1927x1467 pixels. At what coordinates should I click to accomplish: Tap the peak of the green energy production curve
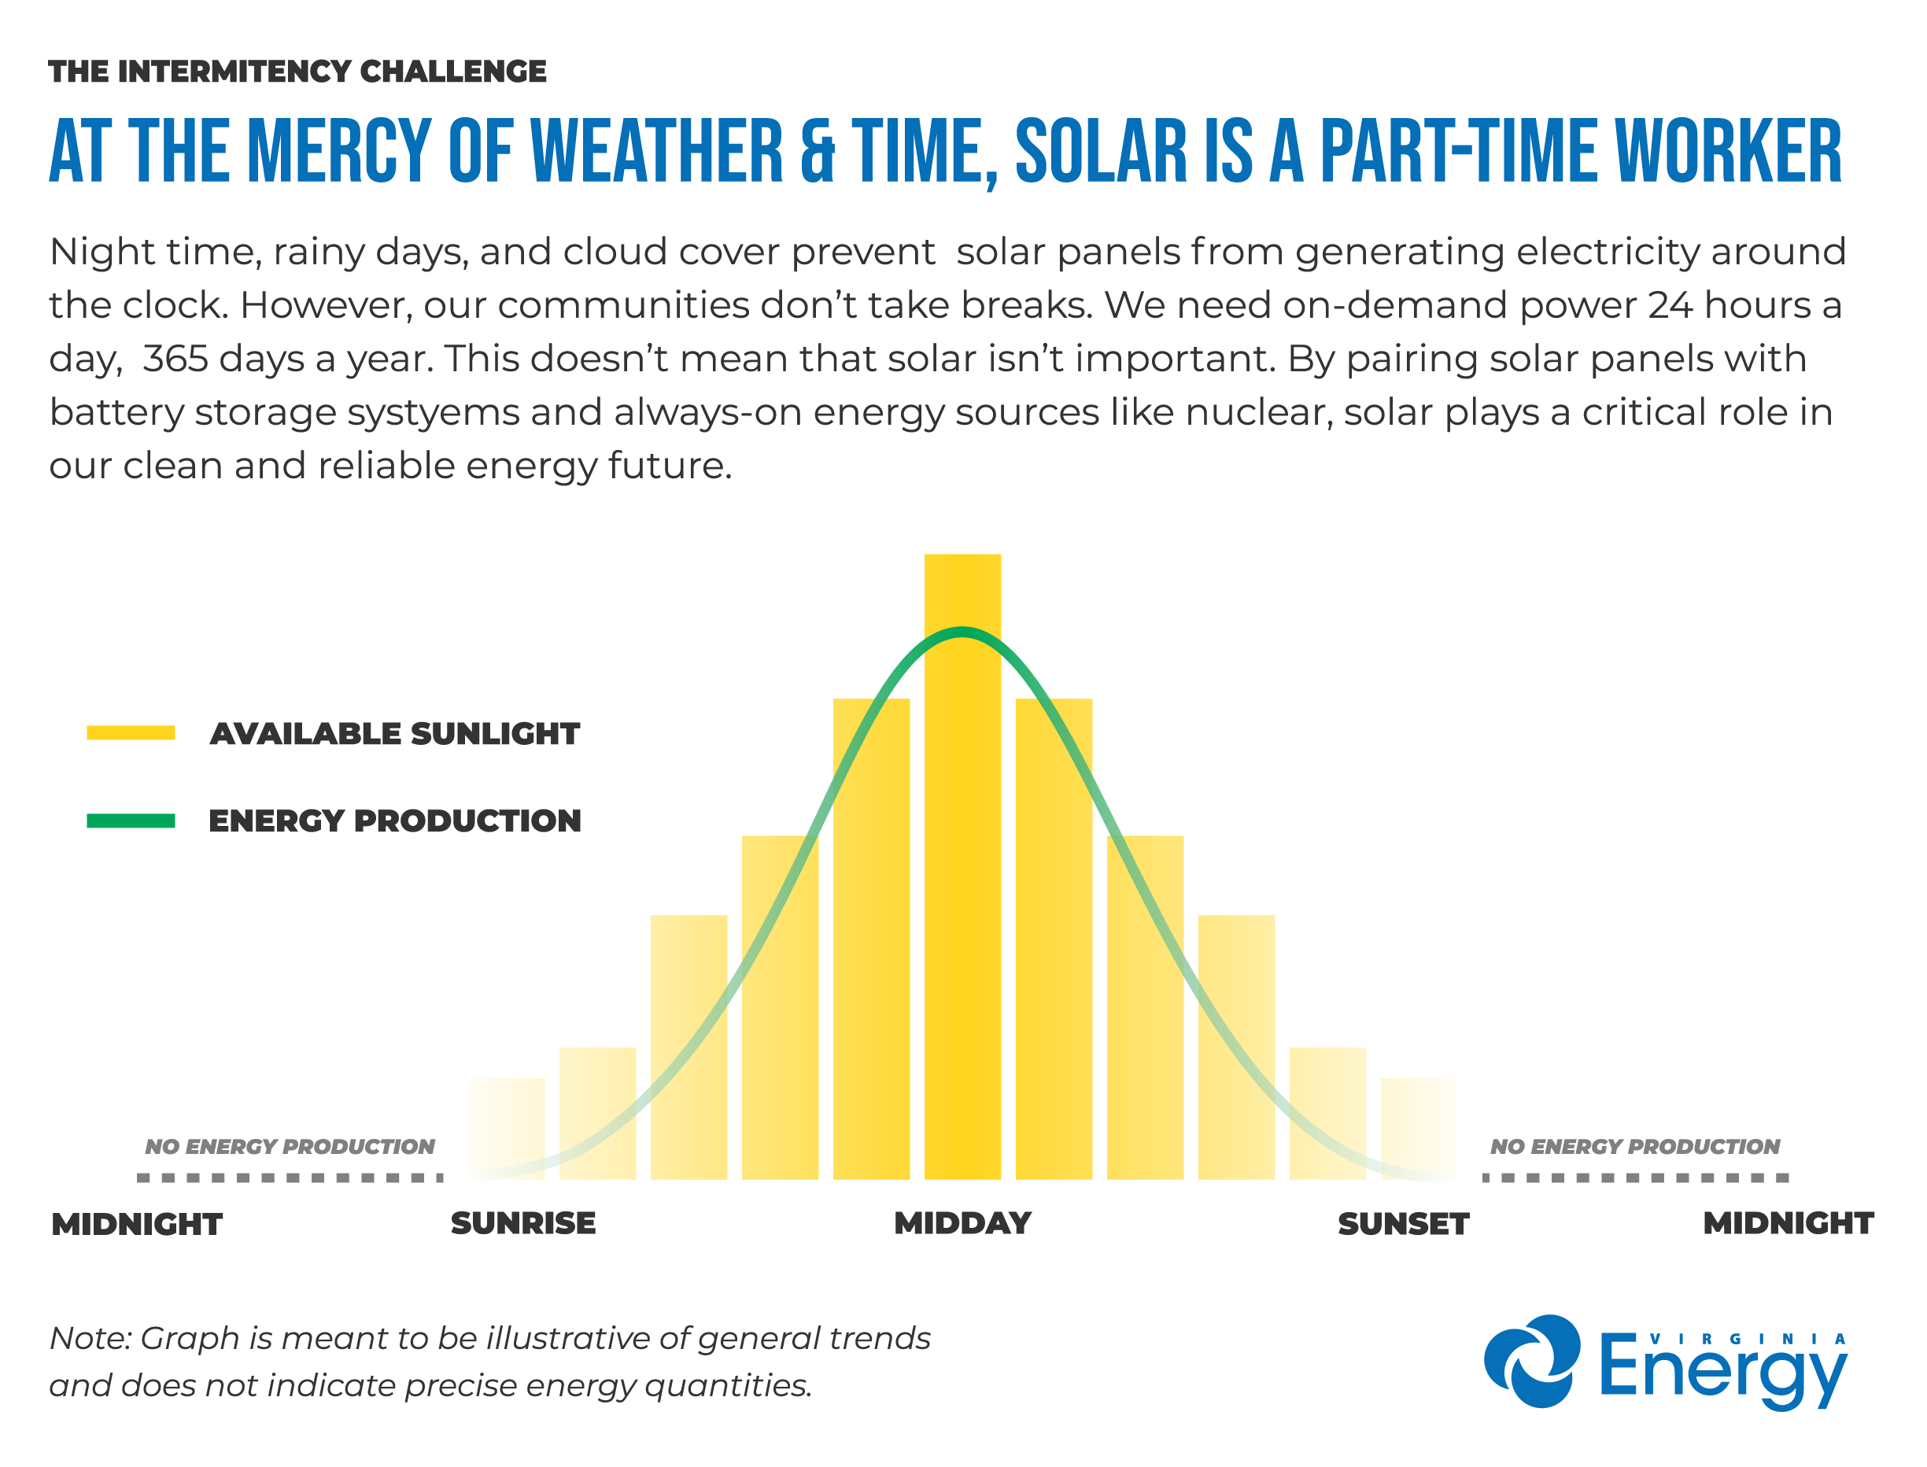coord(962,632)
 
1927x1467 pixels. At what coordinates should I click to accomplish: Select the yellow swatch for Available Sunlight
coord(131,732)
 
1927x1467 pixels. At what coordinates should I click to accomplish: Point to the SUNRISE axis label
coord(522,1223)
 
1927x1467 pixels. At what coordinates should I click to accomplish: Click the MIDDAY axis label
coord(962,1223)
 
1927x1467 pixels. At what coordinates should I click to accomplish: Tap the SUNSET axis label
coord(1403,1224)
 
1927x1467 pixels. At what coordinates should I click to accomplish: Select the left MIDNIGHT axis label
coord(137,1224)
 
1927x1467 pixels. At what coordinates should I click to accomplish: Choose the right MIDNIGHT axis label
coord(1787,1223)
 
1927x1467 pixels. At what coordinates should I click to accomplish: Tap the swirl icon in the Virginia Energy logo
coord(1531,1362)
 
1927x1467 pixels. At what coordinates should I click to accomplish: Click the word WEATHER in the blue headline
coord(657,152)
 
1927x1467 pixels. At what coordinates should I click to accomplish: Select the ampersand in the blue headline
coord(818,152)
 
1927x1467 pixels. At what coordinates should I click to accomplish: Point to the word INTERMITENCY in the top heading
coord(232,72)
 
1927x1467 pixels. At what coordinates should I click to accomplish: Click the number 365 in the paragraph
coord(175,359)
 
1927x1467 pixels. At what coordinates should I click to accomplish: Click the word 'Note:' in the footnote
coord(90,1338)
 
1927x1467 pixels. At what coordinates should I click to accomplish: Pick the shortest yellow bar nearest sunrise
coord(506,1128)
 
